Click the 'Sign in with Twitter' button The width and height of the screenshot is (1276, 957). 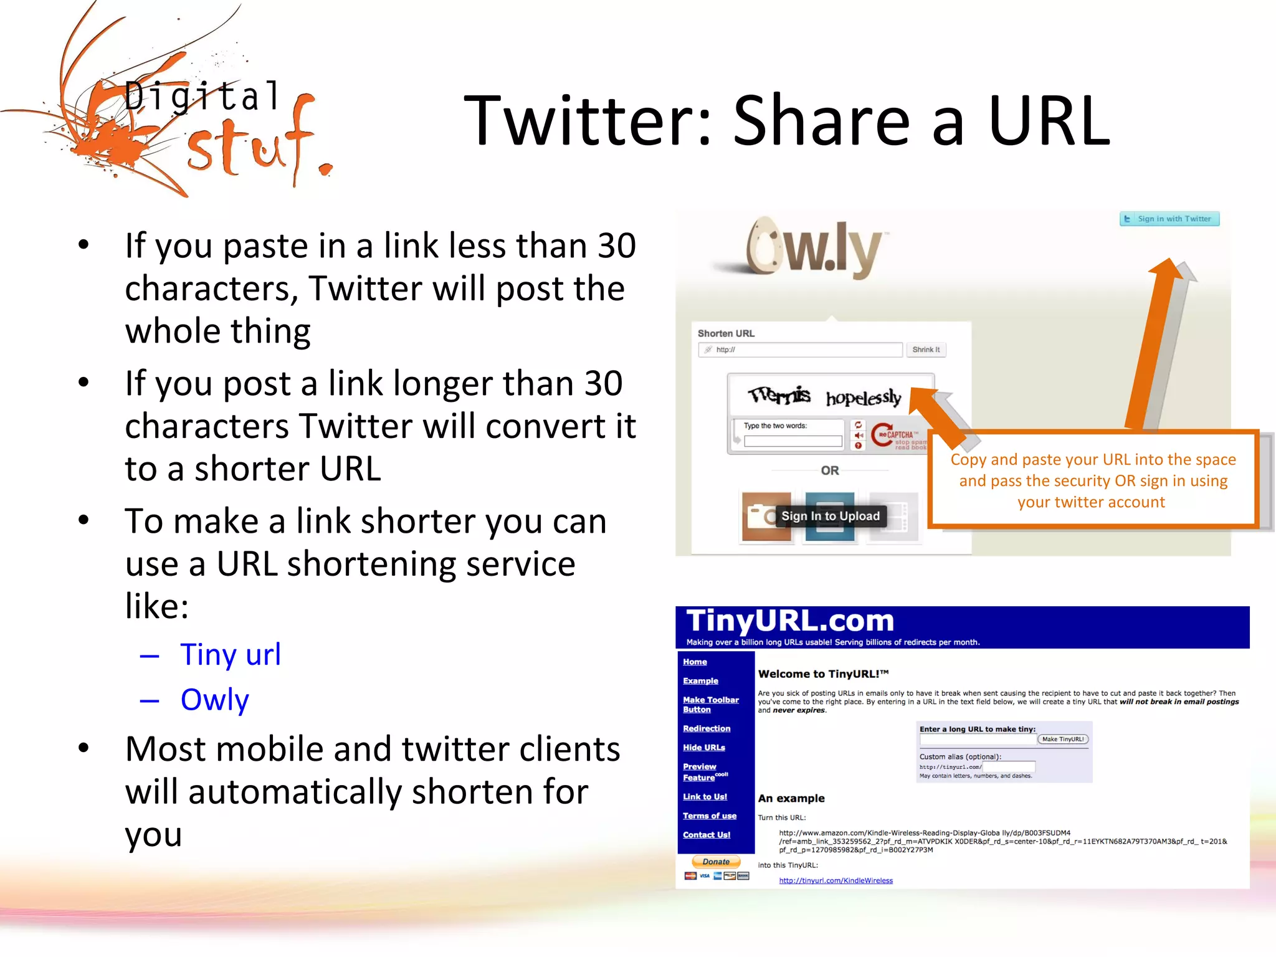(1169, 219)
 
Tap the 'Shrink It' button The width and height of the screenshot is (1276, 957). (926, 350)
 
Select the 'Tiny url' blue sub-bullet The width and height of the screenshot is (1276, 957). (230, 654)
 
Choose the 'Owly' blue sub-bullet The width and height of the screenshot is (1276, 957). (214, 699)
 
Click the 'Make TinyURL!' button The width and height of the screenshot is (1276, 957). (1063, 739)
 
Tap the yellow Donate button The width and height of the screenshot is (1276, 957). (716, 862)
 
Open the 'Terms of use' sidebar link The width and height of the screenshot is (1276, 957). (709, 816)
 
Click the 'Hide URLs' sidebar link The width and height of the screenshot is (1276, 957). (703, 747)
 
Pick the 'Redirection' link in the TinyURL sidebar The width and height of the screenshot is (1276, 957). (706, 728)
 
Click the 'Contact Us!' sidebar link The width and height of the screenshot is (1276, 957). (706, 835)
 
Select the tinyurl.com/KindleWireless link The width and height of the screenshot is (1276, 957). (836, 880)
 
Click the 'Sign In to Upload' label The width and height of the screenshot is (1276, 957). (830, 516)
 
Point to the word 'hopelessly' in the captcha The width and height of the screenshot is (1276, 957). (864, 397)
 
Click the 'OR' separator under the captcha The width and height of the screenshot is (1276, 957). (829, 470)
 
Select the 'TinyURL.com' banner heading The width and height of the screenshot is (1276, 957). (789, 621)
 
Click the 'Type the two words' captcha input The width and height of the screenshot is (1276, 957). (793, 441)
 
